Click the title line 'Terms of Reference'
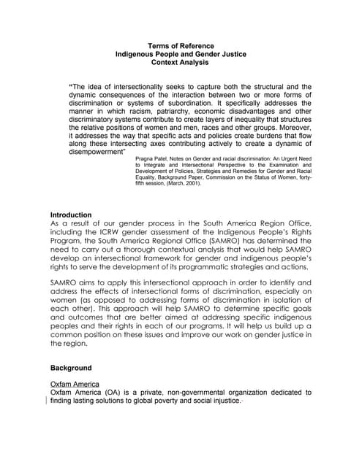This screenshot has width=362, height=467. pos(181,45)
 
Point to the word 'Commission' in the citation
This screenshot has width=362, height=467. pos(234,177)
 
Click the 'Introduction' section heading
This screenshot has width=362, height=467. pos(71,215)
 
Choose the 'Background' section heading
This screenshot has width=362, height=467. pos(71,368)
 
